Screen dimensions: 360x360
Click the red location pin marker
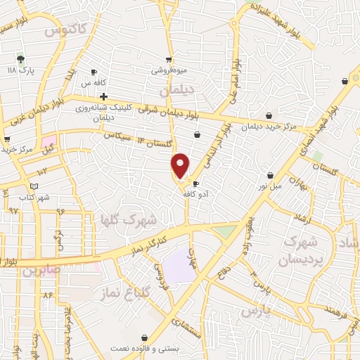tap(181, 165)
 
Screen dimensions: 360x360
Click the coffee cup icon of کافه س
tap(94, 72)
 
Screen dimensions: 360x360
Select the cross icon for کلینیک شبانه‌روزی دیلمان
tap(103, 96)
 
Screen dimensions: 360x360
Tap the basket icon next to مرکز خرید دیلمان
tap(269, 116)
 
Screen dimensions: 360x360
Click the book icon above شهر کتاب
tap(34, 186)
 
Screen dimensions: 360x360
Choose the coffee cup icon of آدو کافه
tap(195, 184)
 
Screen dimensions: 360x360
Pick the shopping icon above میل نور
tap(270, 175)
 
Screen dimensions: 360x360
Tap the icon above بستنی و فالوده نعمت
tap(145, 338)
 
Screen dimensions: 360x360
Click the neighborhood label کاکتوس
tap(64, 30)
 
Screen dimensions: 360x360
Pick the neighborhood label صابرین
tap(39, 270)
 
